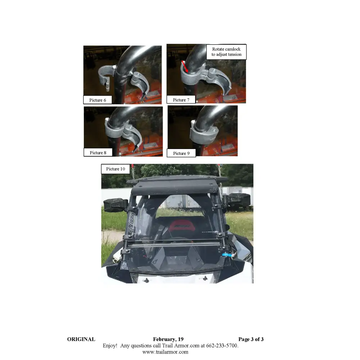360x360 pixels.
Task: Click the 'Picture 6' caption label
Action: pyautogui.click(x=98, y=100)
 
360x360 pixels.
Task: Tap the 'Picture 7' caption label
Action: pyautogui.click(x=181, y=100)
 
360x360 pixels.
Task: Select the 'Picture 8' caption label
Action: pyautogui.click(x=98, y=153)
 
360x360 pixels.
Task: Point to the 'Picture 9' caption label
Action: pyautogui.click(x=181, y=153)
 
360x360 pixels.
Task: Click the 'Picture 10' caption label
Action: pyautogui.click(x=116, y=169)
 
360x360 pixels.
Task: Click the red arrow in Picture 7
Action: pyautogui.click(x=185, y=66)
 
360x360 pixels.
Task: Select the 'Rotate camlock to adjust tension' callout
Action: pyautogui.click(x=226, y=52)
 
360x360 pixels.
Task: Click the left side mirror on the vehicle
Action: pyautogui.click(x=115, y=205)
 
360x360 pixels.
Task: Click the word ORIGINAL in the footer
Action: pyautogui.click(x=81, y=339)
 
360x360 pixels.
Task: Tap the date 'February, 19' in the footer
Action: pyautogui.click(x=168, y=339)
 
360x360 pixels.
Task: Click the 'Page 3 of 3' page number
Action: pyautogui.click(x=251, y=339)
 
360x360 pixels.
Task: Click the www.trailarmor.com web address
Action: pyautogui.click(x=165, y=352)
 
